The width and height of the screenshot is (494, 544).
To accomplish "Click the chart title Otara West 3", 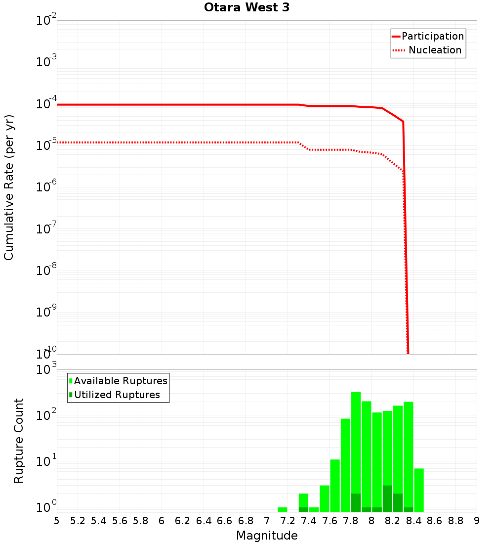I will click(x=247, y=8).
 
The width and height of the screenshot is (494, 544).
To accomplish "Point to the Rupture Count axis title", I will click(x=19, y=440).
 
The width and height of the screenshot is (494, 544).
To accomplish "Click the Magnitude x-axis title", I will click(x=267, y=536).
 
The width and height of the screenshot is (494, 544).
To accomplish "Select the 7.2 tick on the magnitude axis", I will click(x=288, y=521).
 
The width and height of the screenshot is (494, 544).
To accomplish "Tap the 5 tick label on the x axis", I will click(x=57, y=521).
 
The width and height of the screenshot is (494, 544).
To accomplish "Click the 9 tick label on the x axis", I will click(x=477, y=521).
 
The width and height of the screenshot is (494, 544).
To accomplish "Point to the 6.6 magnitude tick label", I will click(x=225, y=521).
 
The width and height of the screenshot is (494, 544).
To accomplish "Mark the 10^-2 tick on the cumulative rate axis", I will click(x=46, y=21).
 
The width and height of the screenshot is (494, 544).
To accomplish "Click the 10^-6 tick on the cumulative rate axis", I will click(x=46, y=187).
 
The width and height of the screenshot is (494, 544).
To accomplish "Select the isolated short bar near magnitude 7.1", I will click(x=283, y=509).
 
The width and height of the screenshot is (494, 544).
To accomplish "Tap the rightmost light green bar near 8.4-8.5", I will click(x=419, y=490).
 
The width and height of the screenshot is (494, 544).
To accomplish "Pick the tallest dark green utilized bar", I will click(x=387, y=499).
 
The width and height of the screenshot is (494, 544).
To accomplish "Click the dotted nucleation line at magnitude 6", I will click(x=162, y=142).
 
